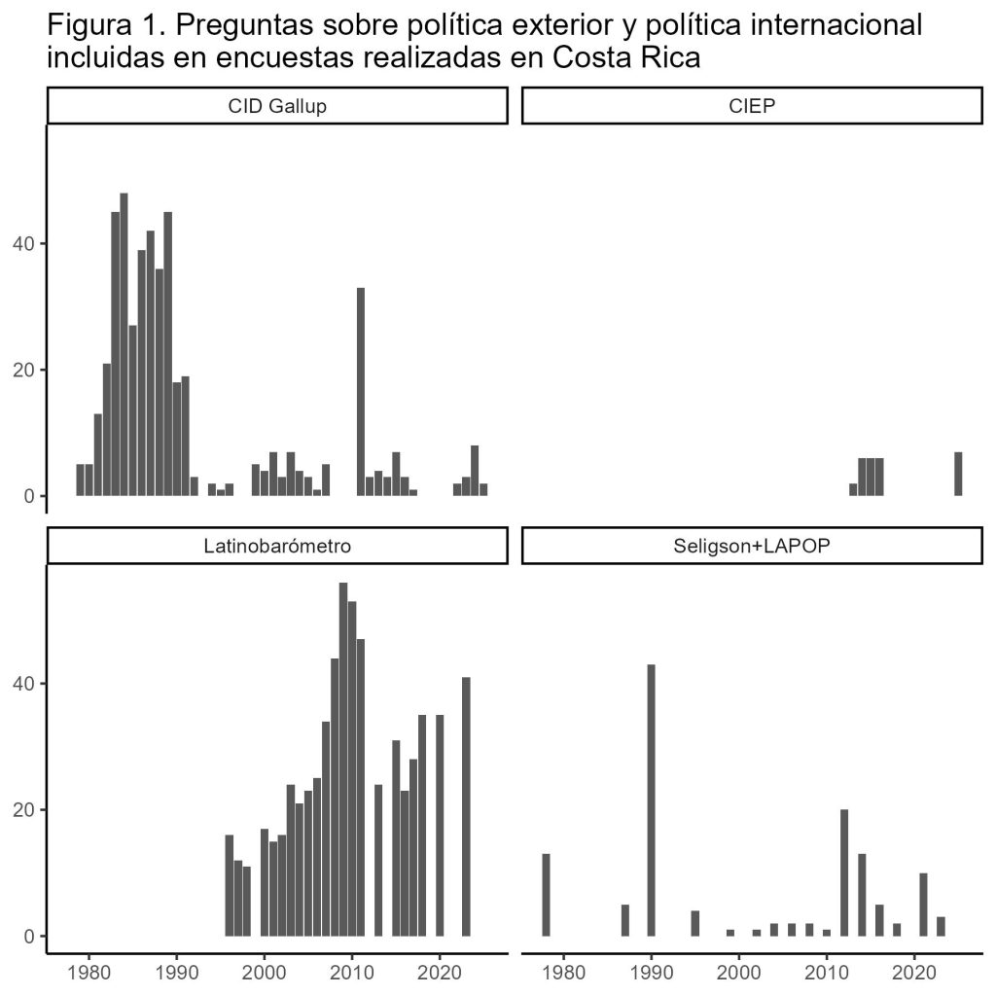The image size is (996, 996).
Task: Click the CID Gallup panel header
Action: (277, 106)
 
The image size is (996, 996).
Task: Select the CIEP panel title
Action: (752, 106)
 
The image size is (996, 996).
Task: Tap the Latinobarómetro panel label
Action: (277, 546)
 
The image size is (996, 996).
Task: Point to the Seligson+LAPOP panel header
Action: (752, 546)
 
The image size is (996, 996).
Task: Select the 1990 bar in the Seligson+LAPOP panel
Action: (651, 800)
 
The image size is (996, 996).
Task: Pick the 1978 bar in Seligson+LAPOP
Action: (546, 895)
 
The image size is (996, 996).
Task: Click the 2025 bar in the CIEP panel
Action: (958, 474)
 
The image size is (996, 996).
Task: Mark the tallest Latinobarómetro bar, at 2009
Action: (343, 759)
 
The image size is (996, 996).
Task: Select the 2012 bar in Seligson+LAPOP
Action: (844, 872)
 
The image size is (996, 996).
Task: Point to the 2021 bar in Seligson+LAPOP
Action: (923, 905)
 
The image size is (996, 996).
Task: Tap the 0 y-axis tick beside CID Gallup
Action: (31, 496)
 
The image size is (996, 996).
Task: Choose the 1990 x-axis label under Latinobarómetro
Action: (176, 971)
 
